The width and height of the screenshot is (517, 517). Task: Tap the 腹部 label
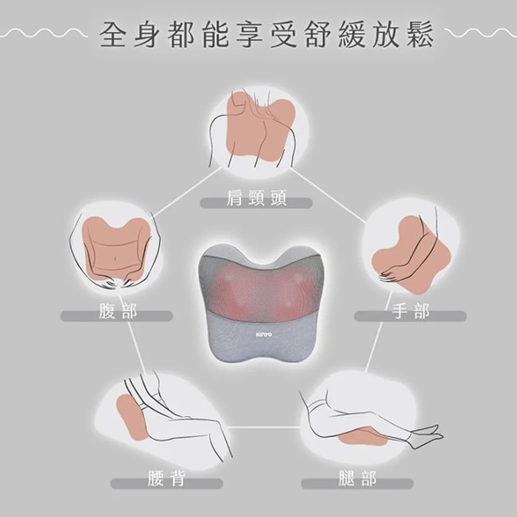(x=118, y=312)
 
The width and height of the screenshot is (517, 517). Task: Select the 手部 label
(x=410, y=312)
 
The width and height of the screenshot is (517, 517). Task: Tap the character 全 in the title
(x=115, y=37)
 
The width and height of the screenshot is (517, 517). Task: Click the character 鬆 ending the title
(x=419, y=37)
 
